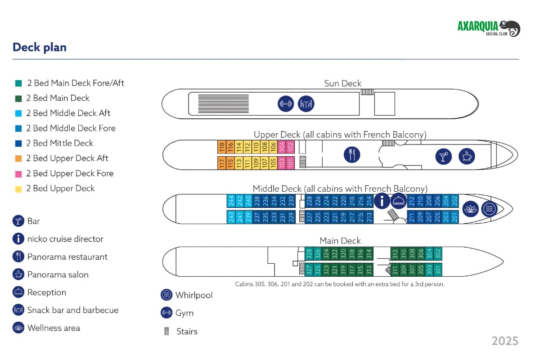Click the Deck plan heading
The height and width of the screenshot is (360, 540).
click(40, 47)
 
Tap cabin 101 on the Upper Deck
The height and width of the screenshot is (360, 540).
click(290, 162)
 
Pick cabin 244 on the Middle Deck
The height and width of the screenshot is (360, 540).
click(231, 201)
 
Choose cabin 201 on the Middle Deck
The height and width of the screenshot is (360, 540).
click(454, 217)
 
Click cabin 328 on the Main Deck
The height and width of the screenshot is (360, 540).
click(309, 254)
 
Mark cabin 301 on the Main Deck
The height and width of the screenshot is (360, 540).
click(438, 270)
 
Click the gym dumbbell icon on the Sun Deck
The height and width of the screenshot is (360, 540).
click(286, 104)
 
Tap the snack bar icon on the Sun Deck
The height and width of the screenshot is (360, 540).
click(306, 104)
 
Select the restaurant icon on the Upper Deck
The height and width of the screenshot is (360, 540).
click(352, 155)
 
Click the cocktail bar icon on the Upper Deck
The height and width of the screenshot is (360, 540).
click(444, 156)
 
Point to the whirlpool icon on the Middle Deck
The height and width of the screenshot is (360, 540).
click(489, 209)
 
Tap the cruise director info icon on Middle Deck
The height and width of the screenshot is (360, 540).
click(382, 201)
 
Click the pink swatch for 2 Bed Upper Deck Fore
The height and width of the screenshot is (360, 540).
click(18, 174)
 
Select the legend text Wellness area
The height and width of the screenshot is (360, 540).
click(54, 328)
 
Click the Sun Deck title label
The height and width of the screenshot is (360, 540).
click(342, 83)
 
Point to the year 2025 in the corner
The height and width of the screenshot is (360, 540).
click(505, 341)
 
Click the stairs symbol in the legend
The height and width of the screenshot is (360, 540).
click(167, 332)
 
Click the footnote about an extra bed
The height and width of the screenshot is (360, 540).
click(340, 284)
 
